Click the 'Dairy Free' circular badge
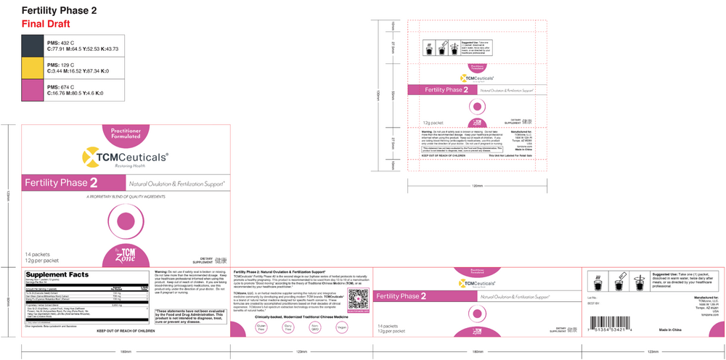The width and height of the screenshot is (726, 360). tap(289, 329)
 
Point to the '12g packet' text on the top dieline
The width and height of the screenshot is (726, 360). tap(434, 123)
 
